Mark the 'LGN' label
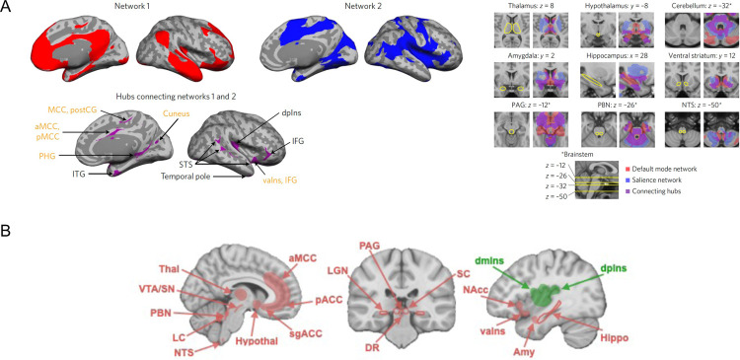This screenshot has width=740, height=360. point(363,270)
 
